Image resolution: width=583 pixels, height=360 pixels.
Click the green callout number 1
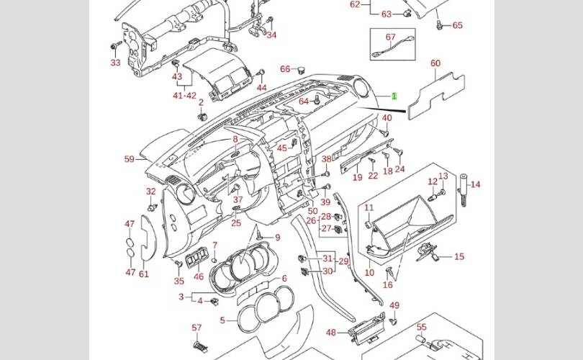[x=394, y=96]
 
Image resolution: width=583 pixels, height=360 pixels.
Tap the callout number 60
[x=435, y=63]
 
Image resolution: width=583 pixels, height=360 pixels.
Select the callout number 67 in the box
[x=391, y=37]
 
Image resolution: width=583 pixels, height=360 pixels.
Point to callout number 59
[x=130, y=159]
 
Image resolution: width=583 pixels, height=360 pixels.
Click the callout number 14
[x=476, y=184]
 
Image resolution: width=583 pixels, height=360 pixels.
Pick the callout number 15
[x=459, y=256]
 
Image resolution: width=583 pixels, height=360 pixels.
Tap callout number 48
[x=331, y=333]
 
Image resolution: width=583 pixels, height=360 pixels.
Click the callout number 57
[x=196, y=328]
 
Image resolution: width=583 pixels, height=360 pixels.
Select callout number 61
[x=144, y=273]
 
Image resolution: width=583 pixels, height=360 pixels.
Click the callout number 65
[x=458, y=25]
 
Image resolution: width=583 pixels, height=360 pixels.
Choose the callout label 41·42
[x=184, y=95]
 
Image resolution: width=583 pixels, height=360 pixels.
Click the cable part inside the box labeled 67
[x=389, y=50]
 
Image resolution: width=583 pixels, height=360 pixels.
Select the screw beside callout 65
[x=438, y=24]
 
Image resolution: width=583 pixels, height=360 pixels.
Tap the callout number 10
[x=369, y=273]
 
